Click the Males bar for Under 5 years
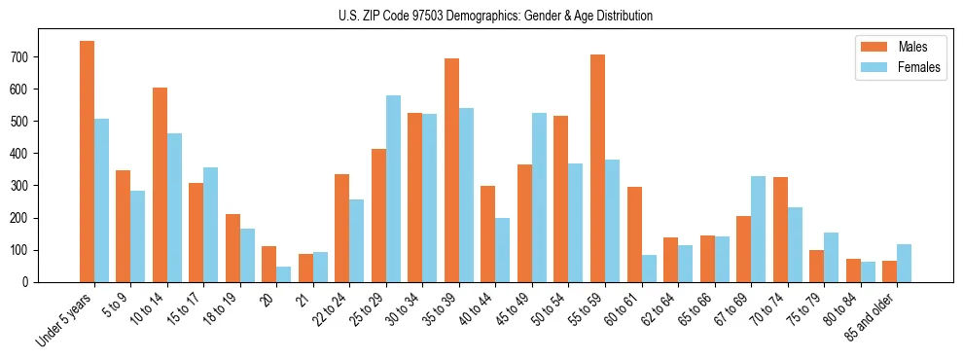pos(87,162)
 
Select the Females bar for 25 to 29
pos(393,189)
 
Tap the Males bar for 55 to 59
pos(597,168)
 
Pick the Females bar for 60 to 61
pos(649,269)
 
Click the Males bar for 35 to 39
pos(451,170)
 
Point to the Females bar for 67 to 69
pos(758,229)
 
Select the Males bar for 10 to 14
pos(160,185)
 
